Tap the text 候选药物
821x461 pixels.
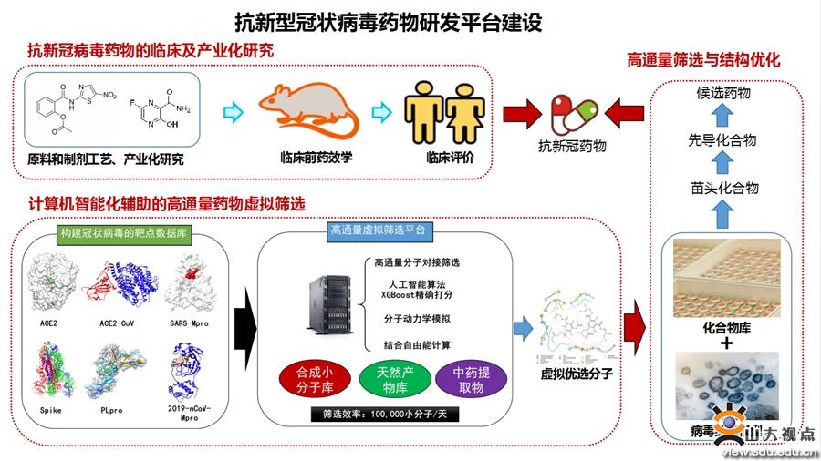(722, 93)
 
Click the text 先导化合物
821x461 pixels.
(722, 140)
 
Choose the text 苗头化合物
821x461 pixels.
(722, 189)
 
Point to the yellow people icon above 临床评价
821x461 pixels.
(444, 113)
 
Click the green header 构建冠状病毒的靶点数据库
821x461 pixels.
(123, 233)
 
